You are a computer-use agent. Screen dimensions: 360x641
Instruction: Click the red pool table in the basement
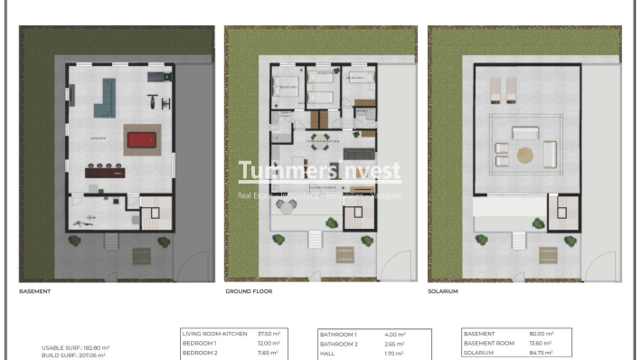[x=141, y=139]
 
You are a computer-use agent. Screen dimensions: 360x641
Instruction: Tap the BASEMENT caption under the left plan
[x=35, y=292]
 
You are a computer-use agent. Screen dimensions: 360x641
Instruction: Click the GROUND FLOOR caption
[x=249, y=292]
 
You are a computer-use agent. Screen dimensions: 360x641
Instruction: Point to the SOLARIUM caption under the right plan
[x=443, y=292]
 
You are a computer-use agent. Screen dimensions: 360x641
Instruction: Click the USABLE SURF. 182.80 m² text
[x=75, y=347]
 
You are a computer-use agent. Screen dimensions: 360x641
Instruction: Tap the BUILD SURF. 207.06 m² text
[x=73, y=355]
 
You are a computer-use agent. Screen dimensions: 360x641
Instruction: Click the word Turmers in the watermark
[x=270, y=171]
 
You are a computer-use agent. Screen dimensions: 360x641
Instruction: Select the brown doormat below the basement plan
[x=141, y=255]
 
